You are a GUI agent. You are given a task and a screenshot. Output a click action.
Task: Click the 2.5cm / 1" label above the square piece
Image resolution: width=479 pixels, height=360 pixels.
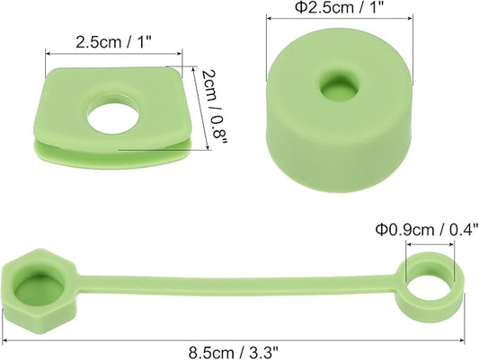114,42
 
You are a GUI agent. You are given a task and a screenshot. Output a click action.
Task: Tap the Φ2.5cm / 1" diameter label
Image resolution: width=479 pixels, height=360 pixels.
339,7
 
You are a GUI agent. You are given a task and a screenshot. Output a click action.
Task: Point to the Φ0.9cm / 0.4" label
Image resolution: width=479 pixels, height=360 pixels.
427,229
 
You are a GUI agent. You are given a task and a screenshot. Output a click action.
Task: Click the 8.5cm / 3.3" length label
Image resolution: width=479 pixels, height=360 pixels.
234,353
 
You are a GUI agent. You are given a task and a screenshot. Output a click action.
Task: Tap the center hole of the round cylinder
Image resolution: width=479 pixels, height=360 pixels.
340,86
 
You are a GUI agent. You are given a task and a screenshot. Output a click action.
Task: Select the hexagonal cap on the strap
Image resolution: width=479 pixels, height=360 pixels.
39,291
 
